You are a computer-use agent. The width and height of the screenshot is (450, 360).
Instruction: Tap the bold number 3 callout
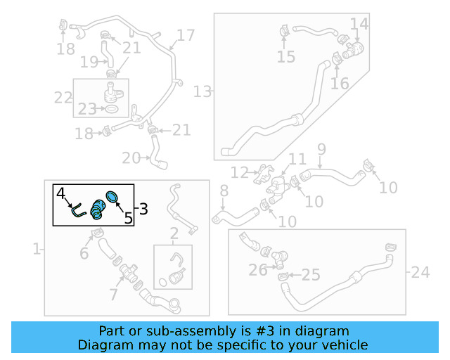pos(143,209)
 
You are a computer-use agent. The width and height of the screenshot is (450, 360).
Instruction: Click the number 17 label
pos(186,35)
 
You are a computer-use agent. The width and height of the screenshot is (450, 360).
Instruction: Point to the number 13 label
pos(202,91)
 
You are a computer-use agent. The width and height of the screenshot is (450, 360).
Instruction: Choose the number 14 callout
pos(359,24)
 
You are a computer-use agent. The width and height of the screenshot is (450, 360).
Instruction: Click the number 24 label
pos(420,272)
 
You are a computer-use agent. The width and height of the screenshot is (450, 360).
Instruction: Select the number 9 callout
pos(322,149)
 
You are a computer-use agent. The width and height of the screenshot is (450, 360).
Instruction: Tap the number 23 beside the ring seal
pos(87,109)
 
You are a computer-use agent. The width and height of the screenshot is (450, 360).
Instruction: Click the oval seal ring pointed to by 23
pos(111,109)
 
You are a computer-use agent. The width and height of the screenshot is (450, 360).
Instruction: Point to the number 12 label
pos(240,172)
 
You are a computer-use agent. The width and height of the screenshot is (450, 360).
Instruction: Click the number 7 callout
pos(114,295)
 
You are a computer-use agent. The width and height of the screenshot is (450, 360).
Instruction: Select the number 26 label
pos(258,270)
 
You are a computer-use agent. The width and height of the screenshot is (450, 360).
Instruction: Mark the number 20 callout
pos(131,158)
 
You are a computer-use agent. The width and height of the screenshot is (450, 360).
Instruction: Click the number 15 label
pos(286,57)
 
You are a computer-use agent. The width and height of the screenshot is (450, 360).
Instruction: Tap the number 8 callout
pos(224,191)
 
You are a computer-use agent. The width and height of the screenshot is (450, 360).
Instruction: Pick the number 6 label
pos(84,253)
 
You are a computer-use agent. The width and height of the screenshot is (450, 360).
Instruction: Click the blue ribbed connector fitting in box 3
pos(98,210)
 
